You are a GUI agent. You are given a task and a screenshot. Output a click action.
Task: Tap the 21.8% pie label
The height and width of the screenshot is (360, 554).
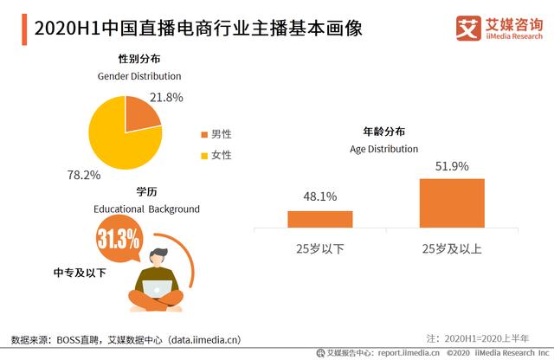(x=166, y=98)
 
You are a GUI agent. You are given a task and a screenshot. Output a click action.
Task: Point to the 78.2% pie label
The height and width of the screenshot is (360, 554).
(x=84, y=175)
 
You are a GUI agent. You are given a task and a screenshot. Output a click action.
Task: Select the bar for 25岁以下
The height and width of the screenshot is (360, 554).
(x=319, y=219)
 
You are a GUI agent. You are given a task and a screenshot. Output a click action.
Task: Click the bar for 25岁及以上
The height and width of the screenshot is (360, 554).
(x=451, y=203)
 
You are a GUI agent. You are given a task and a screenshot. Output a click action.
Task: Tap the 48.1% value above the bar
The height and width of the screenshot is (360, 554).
(x=319, y=196)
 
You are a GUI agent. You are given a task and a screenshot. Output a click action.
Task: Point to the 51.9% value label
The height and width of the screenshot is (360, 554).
(x=452, y=166)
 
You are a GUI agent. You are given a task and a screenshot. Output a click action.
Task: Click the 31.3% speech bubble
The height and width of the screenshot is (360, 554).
(x=119, y=240)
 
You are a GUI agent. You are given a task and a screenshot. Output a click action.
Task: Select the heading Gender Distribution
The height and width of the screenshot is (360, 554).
(x=139, y=76)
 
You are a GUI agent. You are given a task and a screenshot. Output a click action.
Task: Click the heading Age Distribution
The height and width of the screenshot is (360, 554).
(x=383, y=148)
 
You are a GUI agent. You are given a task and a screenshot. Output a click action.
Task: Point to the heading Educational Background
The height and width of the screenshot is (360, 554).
(x=146, y=209)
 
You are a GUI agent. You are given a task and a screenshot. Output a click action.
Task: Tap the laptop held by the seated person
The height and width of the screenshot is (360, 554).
(x=159, y=291)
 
